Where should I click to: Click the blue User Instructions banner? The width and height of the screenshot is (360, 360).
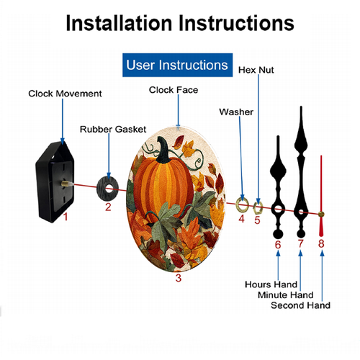coord(177,65)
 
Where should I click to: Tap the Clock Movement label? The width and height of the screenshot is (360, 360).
coord(65,94)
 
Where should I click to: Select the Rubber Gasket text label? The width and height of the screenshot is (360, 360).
coord(113,130)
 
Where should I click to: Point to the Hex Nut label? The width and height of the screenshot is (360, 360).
coord(256,70)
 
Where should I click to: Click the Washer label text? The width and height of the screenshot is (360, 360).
coord(236,112)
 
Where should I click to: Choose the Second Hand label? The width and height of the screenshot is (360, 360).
coord(300,305)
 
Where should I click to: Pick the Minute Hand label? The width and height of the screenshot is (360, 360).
coord(286,295)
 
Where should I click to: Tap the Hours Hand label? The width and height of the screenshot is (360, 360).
coord(271,284)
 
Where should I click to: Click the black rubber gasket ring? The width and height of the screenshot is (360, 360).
coord(102,189)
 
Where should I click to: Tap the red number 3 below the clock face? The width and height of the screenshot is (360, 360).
coord(179,278)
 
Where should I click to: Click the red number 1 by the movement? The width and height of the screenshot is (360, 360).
coord(66,217)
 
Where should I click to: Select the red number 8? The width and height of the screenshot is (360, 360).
coord(321,243)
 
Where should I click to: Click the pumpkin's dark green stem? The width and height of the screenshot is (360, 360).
coord(165,150)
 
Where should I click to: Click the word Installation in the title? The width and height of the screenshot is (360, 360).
coord(119,23)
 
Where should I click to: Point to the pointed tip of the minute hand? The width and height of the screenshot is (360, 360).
coord(301,107)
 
